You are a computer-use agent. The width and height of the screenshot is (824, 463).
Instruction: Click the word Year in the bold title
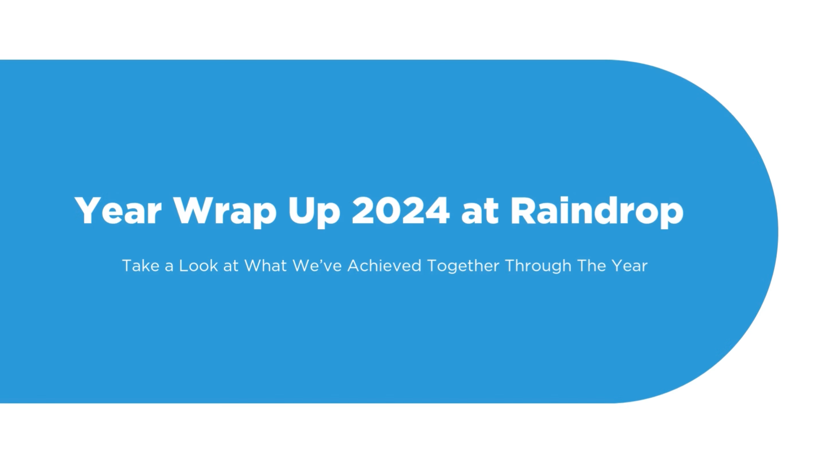tap(118, 210)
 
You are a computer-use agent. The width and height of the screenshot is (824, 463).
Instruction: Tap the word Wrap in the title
tap(225, 213)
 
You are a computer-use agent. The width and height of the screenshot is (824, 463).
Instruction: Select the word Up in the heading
tap(314, 213)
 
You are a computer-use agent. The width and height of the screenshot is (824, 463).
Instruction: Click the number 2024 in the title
tap(400, 210)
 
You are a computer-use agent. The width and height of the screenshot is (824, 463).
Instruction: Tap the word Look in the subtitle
tap(198, 266)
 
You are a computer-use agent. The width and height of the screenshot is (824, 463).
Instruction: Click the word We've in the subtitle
tap(317, 266)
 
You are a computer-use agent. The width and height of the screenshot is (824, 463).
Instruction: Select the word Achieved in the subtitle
tap(384, 266)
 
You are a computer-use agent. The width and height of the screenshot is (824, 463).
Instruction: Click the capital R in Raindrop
tap(524, 211)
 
